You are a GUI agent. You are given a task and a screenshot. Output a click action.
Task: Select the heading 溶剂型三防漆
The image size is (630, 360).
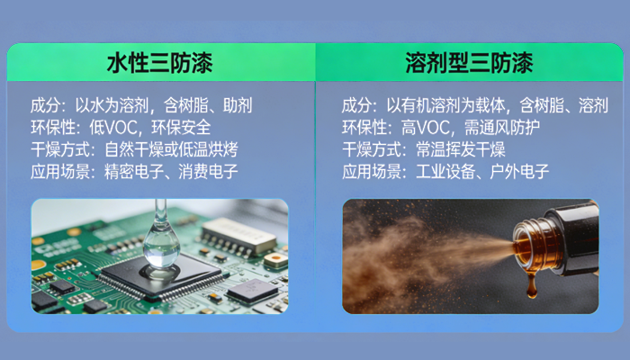pos(469,64)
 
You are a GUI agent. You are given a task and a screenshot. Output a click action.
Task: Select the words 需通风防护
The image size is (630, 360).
pos(503,126)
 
